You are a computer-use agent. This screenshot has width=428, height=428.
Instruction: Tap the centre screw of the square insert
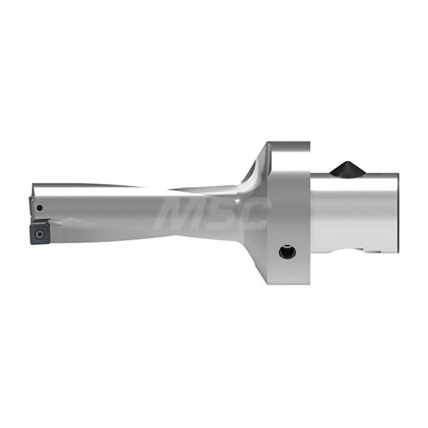tap(39, 234)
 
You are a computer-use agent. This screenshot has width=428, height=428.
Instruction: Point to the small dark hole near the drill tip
tap(39, 208)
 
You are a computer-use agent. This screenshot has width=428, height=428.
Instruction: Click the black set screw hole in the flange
tap(287, 251)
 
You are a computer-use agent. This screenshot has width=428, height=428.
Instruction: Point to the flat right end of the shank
tap(398, 214)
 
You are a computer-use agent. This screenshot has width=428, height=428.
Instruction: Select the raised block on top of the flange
tap(287, 148)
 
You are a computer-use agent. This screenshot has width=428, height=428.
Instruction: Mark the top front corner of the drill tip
tap(33, 185)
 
